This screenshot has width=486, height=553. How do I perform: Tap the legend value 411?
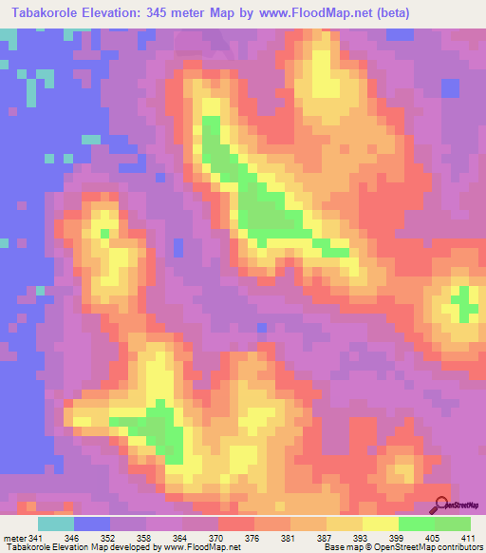pos(470,537)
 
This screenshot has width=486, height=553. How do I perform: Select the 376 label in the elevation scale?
pos(253,537)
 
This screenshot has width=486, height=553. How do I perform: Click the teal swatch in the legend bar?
pos(56,524)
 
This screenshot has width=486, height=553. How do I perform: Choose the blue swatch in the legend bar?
pos(92,524)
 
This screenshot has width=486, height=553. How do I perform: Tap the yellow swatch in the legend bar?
pos(381,524)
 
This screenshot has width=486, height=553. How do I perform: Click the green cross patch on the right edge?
pos(464,304)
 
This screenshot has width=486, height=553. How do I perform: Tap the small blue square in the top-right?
pos(450,88)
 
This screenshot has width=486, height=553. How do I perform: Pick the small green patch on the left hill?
pos(103,231)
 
